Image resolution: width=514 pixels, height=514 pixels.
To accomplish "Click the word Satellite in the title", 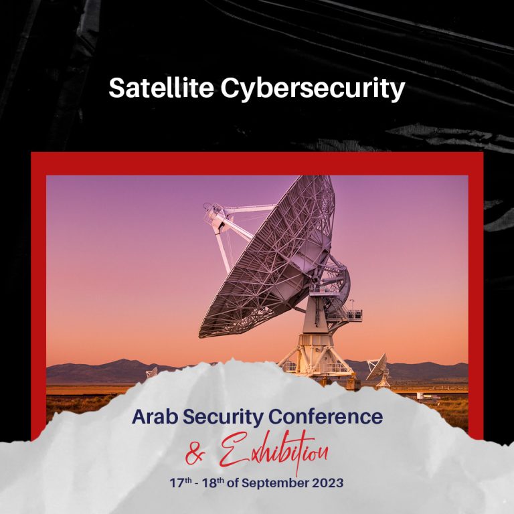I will tap(161, 88).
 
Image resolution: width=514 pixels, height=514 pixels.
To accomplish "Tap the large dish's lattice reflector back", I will tap(268, 261).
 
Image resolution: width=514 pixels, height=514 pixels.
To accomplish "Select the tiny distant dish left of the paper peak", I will tap(152, 371).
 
